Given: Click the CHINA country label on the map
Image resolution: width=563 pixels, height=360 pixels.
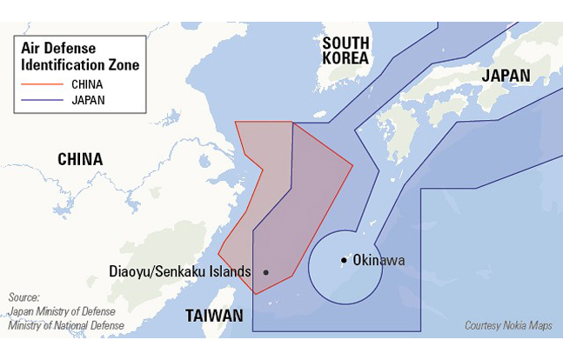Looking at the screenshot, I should point(80,159).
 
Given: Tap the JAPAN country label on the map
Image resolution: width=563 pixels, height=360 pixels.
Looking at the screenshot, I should point(506,75).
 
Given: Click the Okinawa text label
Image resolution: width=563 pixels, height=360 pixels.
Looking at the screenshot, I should point(379,260).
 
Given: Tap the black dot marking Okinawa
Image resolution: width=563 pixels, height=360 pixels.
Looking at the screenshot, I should point(345,260).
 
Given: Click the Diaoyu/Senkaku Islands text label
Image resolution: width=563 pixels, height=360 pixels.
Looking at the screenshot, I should point(180,270).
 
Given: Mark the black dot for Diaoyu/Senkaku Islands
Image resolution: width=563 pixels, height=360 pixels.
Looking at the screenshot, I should point(265,272).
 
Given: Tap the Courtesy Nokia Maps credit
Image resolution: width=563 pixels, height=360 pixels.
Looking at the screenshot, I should point(509,325).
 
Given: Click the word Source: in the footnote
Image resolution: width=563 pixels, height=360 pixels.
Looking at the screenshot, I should point(23,297).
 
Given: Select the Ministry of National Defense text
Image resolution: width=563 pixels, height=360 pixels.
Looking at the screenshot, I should point(65,325).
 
